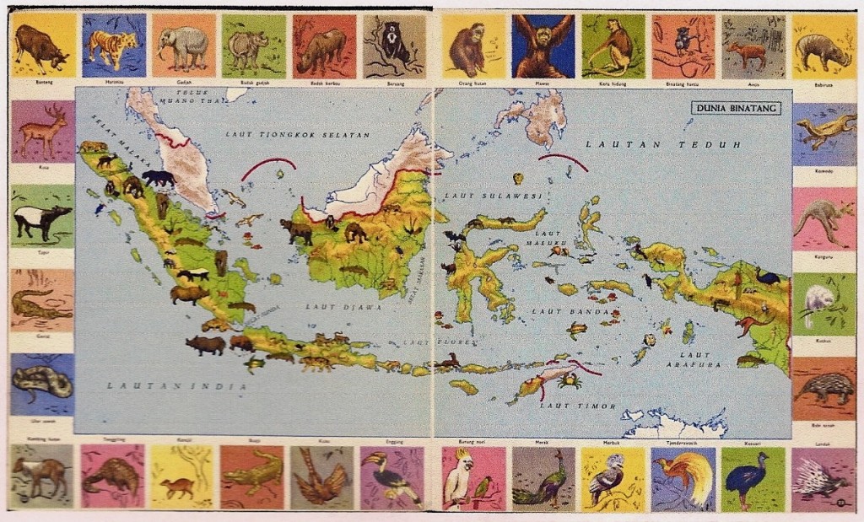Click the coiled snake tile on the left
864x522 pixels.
(42, 384)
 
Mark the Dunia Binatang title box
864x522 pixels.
(736, 108)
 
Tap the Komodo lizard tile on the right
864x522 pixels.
(823, 132)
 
